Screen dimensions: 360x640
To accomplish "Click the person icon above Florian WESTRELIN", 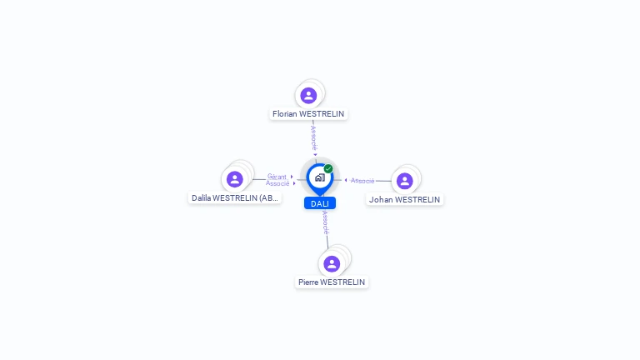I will (x=308, y=95).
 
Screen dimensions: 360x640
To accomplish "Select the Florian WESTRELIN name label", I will (x=308, y=113).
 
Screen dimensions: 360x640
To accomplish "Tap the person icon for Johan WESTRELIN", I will (x=405, y=181).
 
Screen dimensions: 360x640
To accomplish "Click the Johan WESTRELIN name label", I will (x=405, y=199).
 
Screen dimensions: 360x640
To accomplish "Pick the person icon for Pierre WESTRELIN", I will (x=332, y=263).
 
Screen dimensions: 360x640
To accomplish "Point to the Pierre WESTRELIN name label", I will (x=332, y=282).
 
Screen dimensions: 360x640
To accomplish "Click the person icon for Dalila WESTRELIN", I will (x=235, y=178).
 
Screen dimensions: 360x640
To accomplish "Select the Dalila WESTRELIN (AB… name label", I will (x=235, y=197).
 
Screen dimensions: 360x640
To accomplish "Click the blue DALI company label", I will (x=320, y=203).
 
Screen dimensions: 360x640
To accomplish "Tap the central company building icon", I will (x=319, y=177).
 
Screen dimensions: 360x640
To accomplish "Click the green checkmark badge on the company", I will (x=328, y=169).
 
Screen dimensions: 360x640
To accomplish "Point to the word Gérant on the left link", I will (x=277, y=177).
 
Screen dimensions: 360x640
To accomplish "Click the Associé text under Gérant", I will (x=277, y=183).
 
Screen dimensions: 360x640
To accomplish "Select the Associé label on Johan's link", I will (x=362, y=181).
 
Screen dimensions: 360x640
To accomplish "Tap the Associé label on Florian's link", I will (x=313, y=137).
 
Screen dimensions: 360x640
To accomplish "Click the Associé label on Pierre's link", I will (x=325, y=222).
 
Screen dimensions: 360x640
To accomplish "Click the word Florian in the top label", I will (x=286, y=113).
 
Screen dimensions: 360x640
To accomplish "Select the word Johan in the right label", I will (x=381, y=199).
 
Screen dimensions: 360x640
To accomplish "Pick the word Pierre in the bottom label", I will (x=308, y=282).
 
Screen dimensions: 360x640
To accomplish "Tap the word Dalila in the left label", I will (x=201, y=197).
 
